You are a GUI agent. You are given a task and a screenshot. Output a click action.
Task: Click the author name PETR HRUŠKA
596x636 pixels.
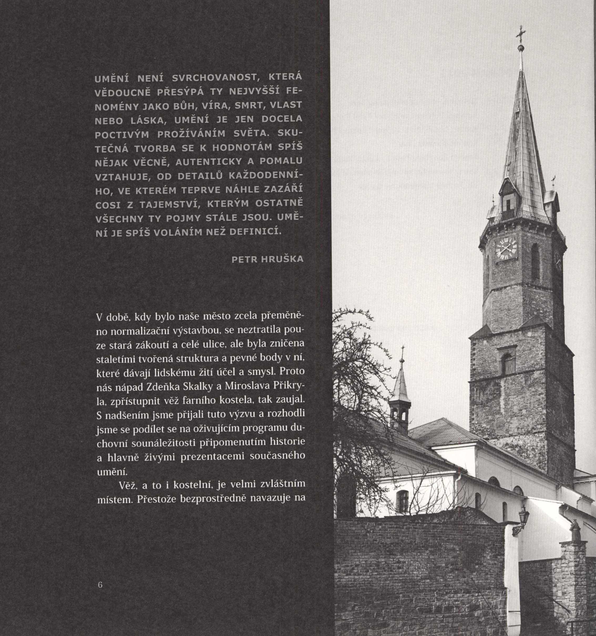pos(267,259)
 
